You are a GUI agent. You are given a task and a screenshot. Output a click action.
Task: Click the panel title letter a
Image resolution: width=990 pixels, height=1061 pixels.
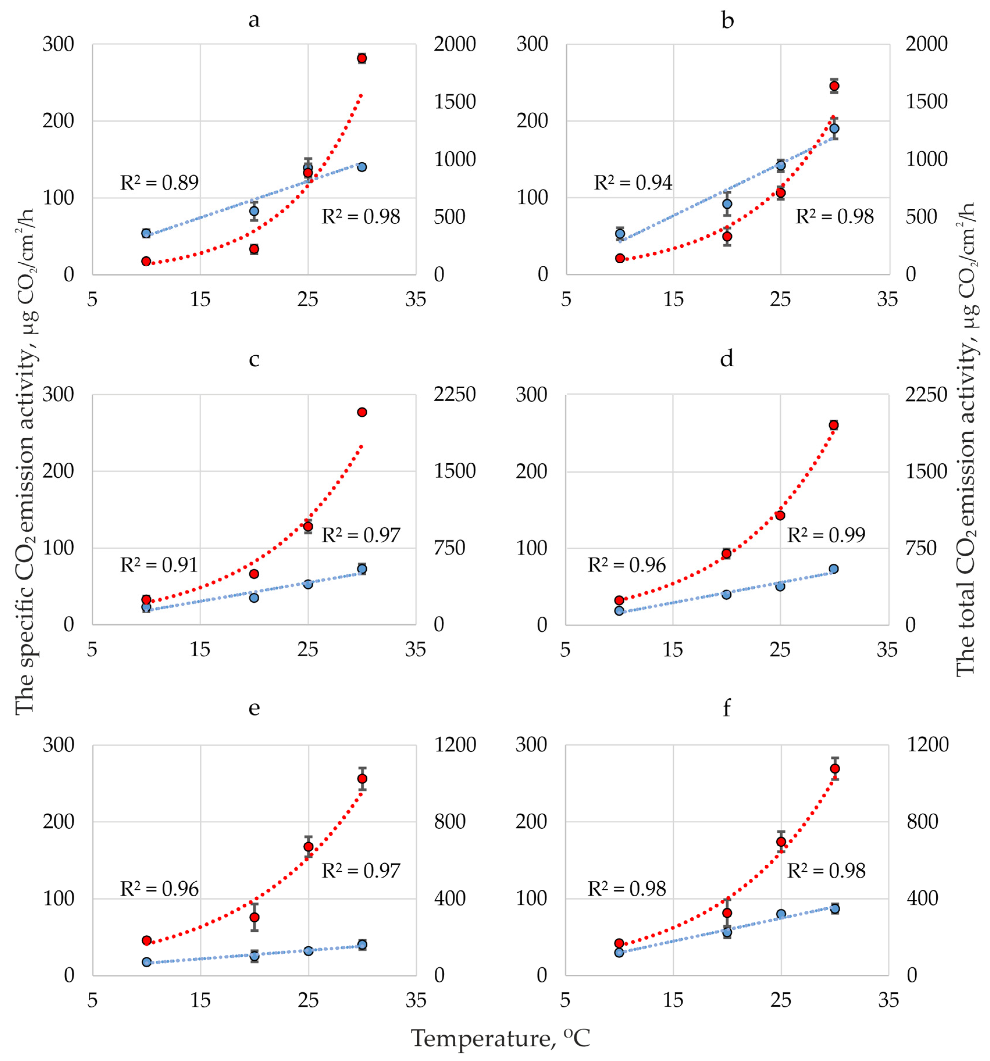[254, 20]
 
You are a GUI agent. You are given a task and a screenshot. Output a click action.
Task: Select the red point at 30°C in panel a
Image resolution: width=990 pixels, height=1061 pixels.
[362, 58]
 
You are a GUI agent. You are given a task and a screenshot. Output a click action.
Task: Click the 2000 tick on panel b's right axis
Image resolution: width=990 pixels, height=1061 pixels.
[927, 44]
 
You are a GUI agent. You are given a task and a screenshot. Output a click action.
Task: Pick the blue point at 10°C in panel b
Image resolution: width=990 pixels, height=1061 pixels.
[620, 233]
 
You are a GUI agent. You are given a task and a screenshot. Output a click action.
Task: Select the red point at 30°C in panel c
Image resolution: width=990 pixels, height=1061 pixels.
[362, 412]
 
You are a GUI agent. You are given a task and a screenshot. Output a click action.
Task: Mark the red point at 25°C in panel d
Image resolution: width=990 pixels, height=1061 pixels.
[780, 515]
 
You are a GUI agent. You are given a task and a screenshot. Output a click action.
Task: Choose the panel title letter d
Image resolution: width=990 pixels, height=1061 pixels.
[727, 359]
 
